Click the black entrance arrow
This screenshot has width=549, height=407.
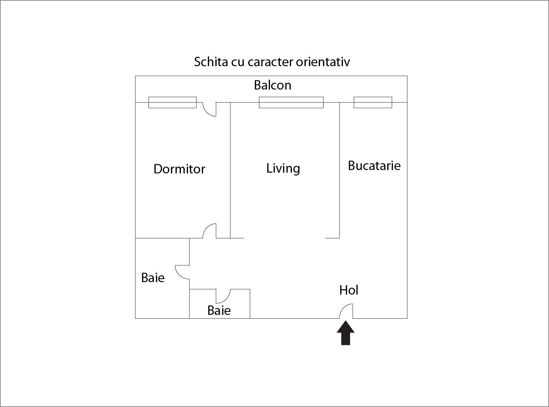pos(346,333)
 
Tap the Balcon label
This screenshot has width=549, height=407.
pos(273,85)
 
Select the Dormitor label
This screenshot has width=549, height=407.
pos(179,169)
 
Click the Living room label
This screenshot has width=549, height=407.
pos(283,169)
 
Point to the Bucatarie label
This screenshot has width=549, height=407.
pos(374,166)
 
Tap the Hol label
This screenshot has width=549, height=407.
pos(349,290)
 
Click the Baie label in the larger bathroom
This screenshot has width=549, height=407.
pos(153,278)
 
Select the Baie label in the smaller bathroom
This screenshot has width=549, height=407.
pos(219,310)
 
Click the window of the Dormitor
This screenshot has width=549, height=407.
pos(173,102)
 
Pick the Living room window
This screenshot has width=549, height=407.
pos(291,102)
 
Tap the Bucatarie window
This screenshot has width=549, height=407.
pos(373,102)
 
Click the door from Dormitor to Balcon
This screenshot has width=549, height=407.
pos(209,109)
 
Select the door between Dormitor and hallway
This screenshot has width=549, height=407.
pos(209,231)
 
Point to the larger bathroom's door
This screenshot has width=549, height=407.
pos(182,272)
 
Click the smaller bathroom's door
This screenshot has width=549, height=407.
pos(223,296)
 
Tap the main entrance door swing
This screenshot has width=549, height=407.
pos(346,311)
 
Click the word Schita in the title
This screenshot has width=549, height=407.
pos(211,62)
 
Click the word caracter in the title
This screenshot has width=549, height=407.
pos(270,62)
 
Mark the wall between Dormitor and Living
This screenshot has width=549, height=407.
pos(231,170)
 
